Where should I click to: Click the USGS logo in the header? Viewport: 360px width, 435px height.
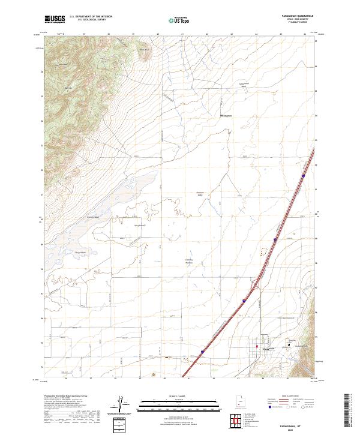click(55, 20)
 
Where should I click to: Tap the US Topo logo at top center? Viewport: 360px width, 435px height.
click(177, 20)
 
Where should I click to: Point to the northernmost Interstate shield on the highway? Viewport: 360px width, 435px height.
click(304, 176)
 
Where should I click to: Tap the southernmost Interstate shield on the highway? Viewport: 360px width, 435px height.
click(202, 352)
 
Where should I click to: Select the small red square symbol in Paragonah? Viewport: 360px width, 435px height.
click(257, 347)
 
